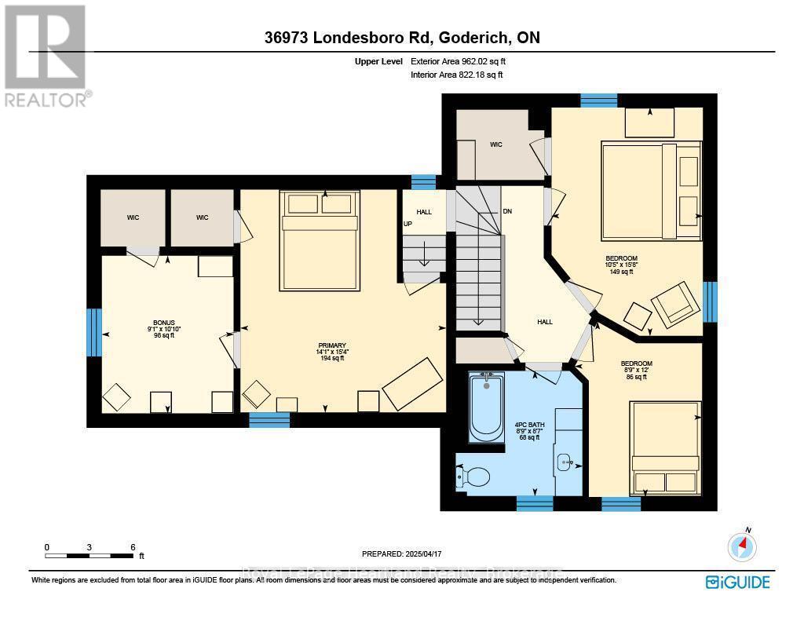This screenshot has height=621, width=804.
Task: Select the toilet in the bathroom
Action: [474, 476]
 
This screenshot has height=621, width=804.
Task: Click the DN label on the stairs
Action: [507, 212]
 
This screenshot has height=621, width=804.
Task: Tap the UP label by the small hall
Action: [407, 224]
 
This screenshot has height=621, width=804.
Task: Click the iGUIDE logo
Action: [737, 582]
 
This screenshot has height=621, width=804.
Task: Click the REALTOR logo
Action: [46, 55]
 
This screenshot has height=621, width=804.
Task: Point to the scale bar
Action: [90, 555]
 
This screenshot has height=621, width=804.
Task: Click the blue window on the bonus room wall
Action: [94, 332]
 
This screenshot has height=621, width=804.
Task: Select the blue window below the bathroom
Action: [535, 503]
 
